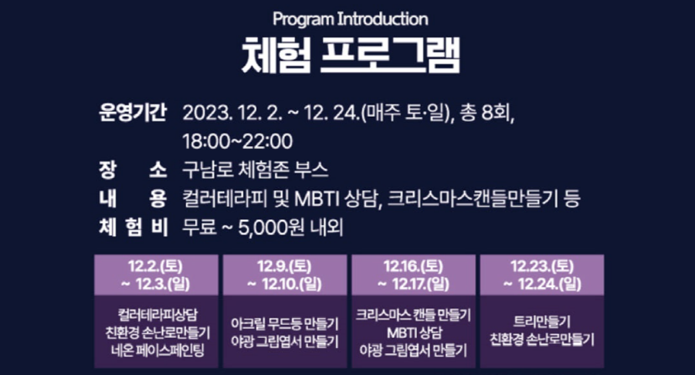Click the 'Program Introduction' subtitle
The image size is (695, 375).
pos(350,18)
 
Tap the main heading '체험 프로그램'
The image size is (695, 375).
pos(350,55)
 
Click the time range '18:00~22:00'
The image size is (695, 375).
pos(237,141)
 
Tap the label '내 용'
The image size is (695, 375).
pos(132,198)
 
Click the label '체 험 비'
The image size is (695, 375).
pos(132,227)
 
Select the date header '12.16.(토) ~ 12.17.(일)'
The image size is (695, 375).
pos(413,275)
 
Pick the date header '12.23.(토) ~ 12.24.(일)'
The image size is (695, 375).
pos(541,275)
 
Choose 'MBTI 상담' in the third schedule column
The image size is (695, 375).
pos(413,333)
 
